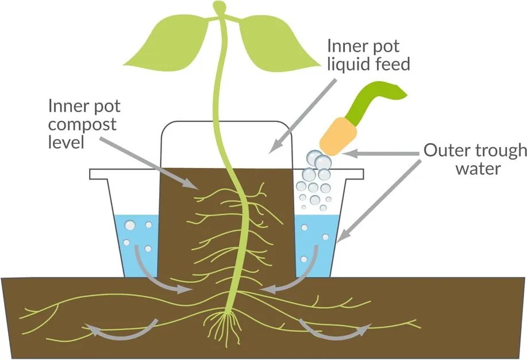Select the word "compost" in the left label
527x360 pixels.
82,124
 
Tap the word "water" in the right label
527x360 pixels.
479,169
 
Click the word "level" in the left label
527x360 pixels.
66,141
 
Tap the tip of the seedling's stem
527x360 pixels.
219,6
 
